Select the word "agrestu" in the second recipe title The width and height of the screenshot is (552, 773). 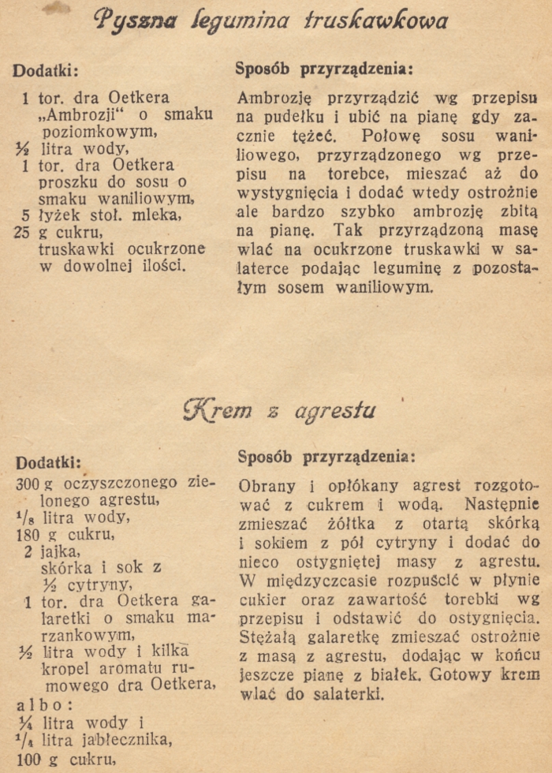pos(336,411)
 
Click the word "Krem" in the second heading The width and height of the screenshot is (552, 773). pos(219,410)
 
